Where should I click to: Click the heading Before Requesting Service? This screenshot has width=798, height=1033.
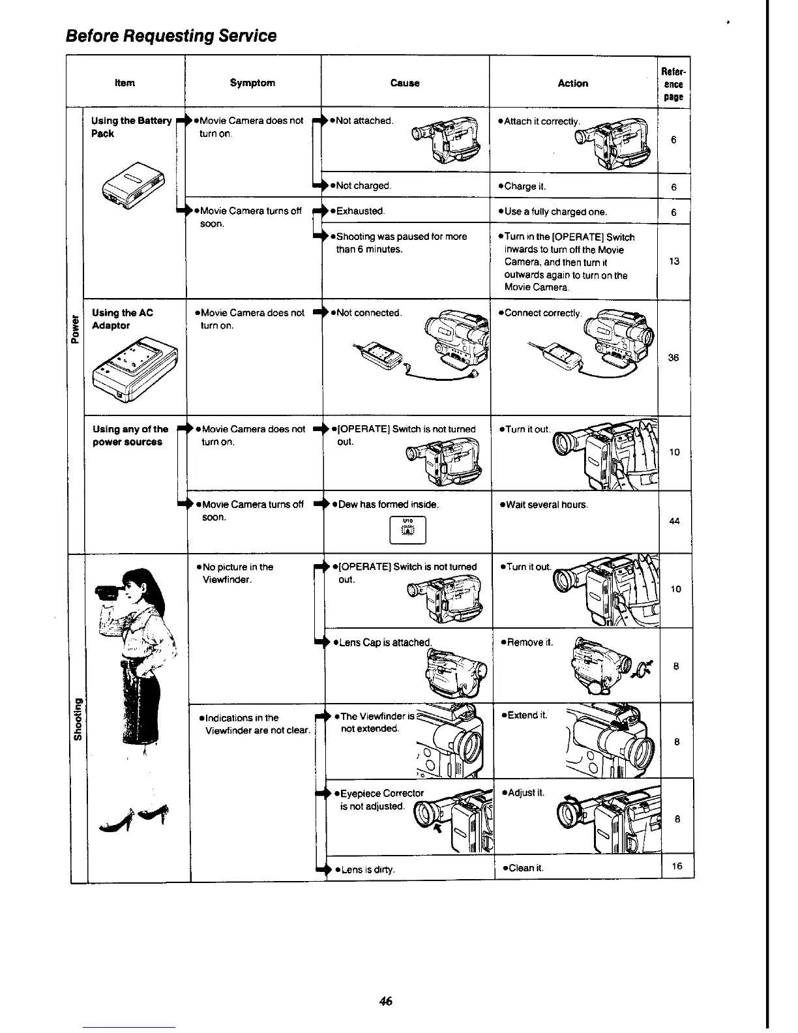[171, 35]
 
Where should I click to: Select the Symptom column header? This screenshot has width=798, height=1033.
[252, 83]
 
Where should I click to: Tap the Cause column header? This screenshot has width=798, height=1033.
[404, 83]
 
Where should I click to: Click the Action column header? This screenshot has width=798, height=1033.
[572, 83]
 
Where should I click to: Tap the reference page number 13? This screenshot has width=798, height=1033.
[674, 262]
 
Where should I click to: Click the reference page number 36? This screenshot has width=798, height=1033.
[673, 357]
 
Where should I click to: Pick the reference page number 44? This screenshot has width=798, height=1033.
[674, 521]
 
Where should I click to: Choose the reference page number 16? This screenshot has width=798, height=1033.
[677, 866]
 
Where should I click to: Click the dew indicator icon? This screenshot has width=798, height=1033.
[407, 530]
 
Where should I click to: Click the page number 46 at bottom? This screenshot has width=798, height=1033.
[385, 1001]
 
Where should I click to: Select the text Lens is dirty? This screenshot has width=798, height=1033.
[365, 869]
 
